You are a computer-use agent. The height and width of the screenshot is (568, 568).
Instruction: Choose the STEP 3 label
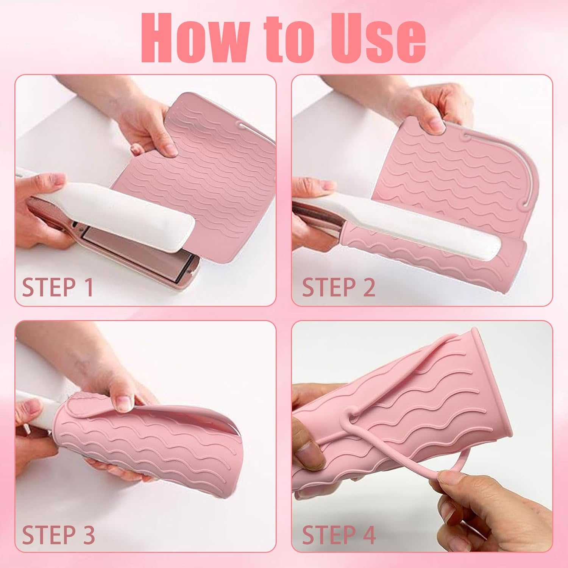(x=58, y=534)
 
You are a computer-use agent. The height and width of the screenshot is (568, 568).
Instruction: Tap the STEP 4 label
(x=339, y=534)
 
